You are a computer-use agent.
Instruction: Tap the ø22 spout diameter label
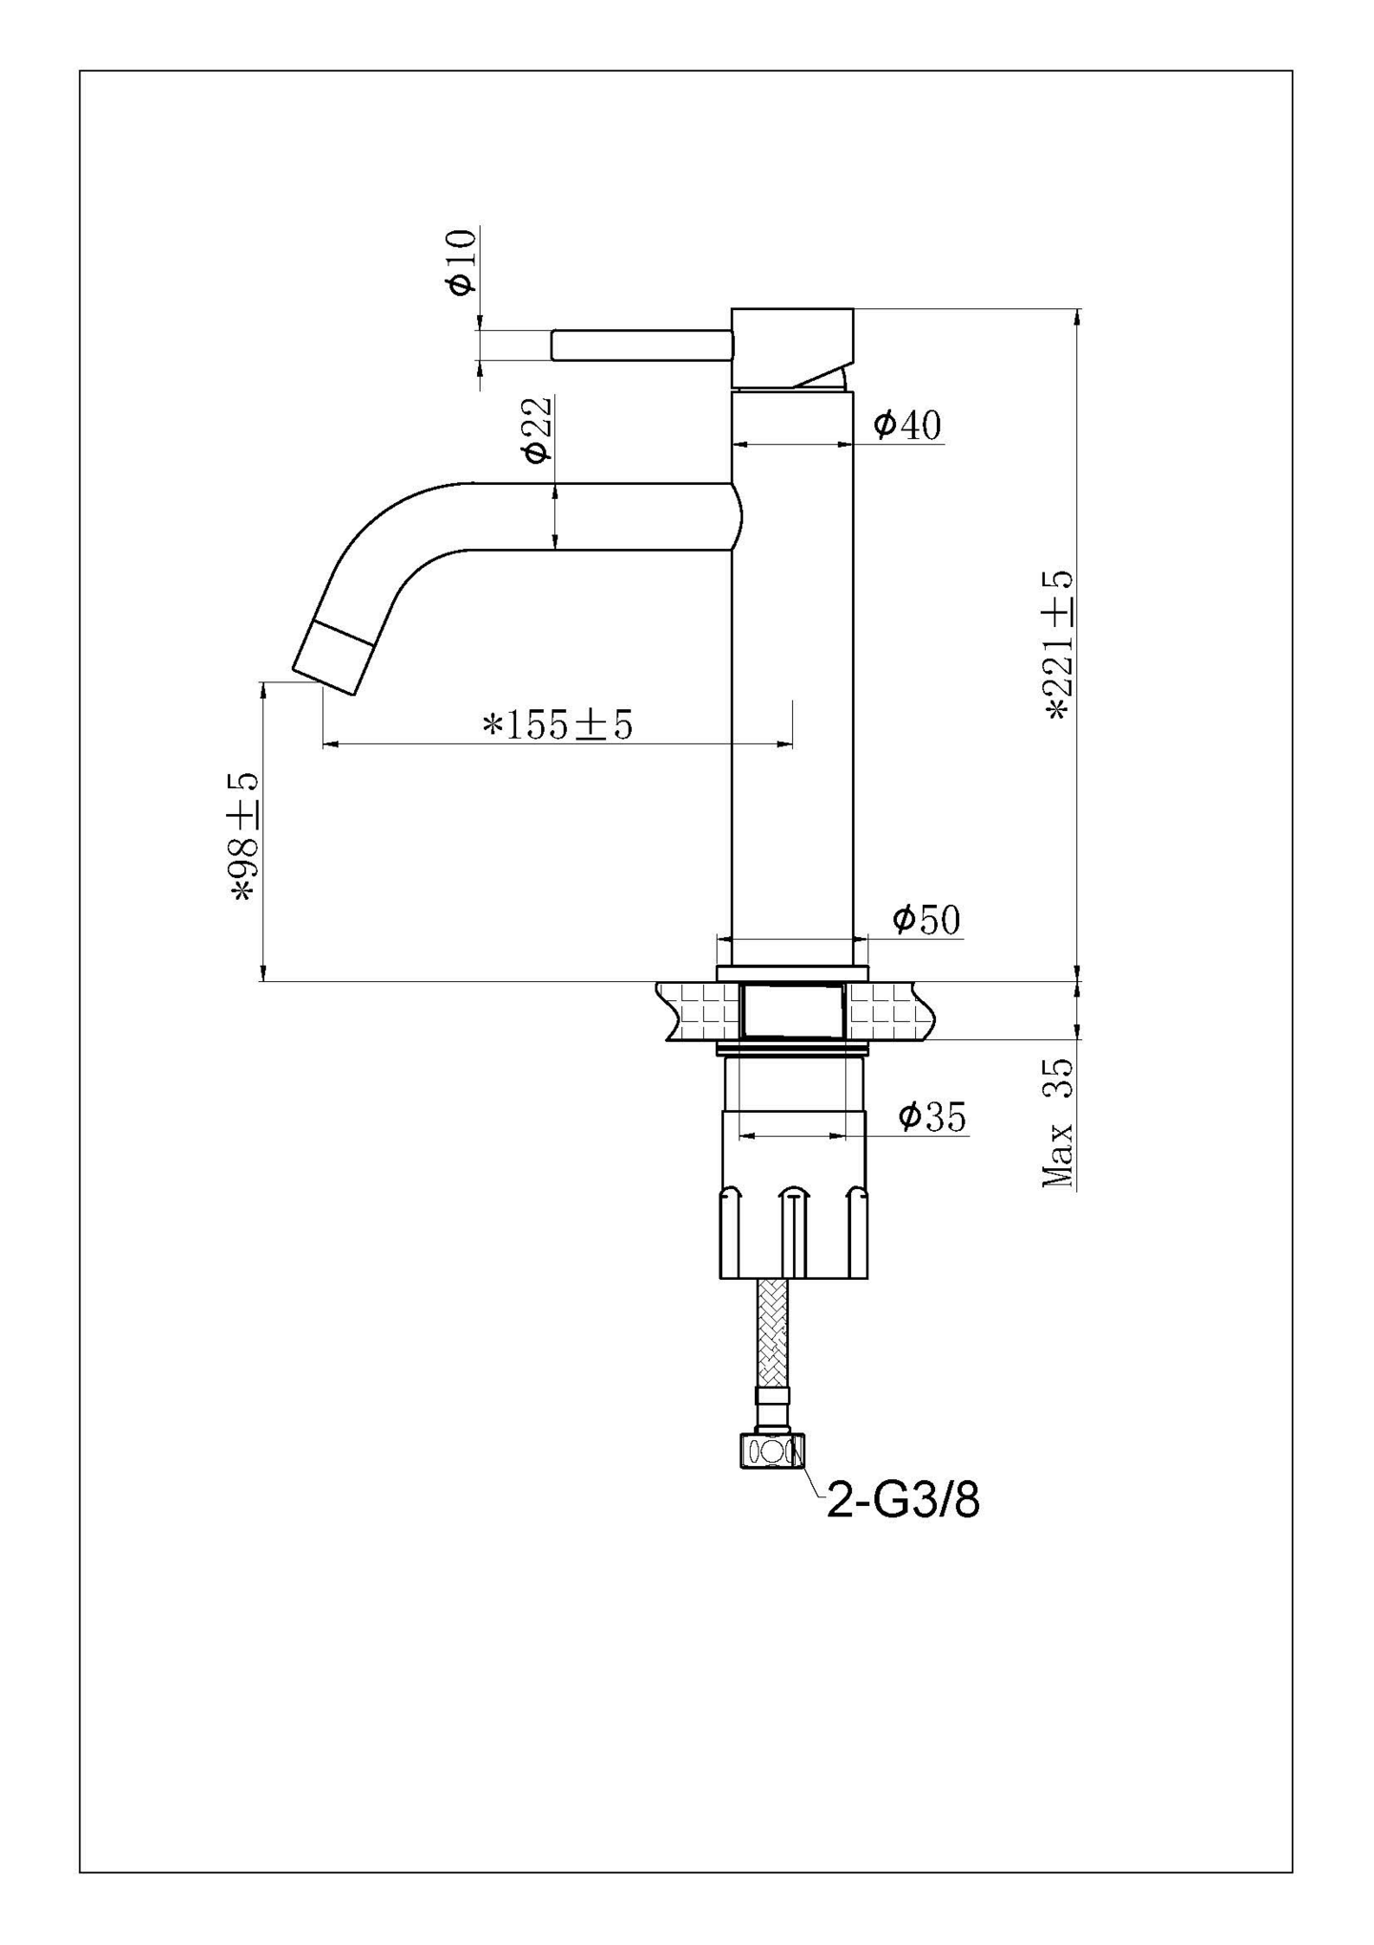[537, 429]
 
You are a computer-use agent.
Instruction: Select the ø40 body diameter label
[906, 426]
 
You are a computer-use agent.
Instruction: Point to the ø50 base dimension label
[926, 920]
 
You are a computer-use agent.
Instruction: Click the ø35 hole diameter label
[931, 1116]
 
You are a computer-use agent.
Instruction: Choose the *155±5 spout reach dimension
[557, 725]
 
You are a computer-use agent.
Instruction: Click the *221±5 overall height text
[1059, 645]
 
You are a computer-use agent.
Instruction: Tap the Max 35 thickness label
[1057, 1122]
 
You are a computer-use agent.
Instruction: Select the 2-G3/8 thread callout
[902, 1501]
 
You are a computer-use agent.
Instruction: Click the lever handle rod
[641, 345]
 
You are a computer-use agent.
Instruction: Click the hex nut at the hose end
[772, 1452]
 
